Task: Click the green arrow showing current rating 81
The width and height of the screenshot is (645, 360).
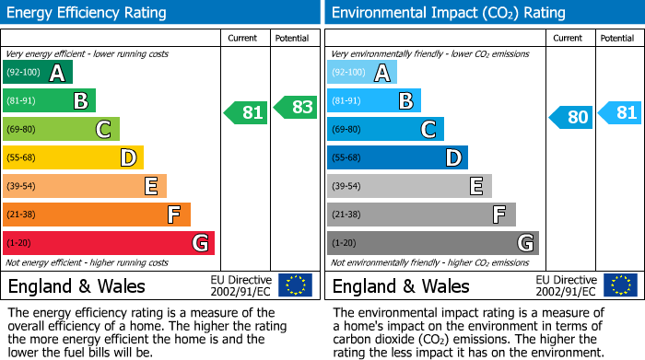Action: pyautogui.click(x=246, y=113)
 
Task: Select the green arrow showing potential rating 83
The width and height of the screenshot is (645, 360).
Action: pyautogui.click(x=295, y=107)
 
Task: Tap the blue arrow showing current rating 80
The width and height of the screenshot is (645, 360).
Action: pyautogui.click(x=570, y=117)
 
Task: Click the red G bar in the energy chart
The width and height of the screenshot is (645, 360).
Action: pyautogui.click(x=109, y=243)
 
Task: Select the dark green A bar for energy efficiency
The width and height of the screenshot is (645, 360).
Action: pyautogui.click(x=38, y=73)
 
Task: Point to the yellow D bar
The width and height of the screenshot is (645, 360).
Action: pyautogui.click(x=73, y=157)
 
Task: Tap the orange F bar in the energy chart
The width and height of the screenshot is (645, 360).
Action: pyautogui.click(x=97, y=215)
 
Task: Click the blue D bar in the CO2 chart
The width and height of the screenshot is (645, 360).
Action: pyautogui.click(x=397, y=157)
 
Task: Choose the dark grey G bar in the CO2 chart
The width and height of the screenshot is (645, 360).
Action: pyautogui.click(x=432, y=243)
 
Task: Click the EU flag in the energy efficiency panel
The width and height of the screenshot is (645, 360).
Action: pyautogui.click(x=295, y=285)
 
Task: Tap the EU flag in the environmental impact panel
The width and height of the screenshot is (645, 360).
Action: pyautogui.click(x=619, y=285)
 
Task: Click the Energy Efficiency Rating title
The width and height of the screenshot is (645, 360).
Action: pyautogui.click(x=88, y=13)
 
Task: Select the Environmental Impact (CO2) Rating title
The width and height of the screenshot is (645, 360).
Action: pyautogui.click(x=448, y=13)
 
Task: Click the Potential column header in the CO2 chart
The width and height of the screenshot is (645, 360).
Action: pyautogui.click(x=616, y=38)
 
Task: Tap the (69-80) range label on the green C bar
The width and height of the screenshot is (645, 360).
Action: pyautogui.click(x=22, y=129)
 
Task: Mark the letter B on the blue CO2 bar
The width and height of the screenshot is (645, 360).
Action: pyautogui.click(x=405, y=100)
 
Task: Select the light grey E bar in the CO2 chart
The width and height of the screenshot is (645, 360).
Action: pyautogui.click(x=409, y=186)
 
